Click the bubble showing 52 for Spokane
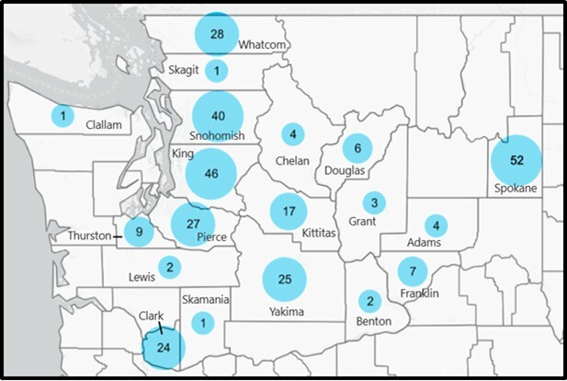516,160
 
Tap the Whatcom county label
264,44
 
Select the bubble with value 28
218,35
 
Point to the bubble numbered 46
211,174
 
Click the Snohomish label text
218,136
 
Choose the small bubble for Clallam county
62,116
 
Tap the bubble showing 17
289,212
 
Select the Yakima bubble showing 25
285,279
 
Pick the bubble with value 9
139,232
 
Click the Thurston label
89,237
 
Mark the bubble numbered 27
193,224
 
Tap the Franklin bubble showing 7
413,271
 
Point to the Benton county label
374,321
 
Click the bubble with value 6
357,148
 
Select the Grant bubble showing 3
374,202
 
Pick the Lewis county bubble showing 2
169,268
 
